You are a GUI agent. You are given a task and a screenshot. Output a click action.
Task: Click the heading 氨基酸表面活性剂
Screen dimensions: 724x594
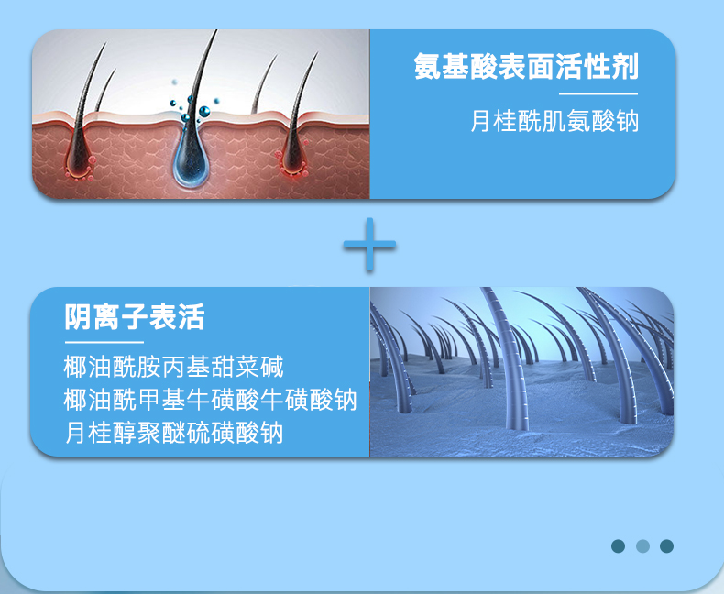tap(526, 67)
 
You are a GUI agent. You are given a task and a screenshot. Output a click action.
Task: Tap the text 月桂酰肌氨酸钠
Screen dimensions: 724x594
tap(554, 121)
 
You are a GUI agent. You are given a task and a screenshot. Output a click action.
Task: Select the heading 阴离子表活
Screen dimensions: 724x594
tap(135, 317)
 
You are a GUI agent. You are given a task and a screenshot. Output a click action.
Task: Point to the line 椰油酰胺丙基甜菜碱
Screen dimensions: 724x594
tap(173, 367)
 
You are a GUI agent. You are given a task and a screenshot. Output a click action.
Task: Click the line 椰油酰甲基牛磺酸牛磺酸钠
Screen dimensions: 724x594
tap(211, 400)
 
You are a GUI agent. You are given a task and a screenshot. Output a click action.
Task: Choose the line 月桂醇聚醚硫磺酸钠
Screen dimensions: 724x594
tap(173, 433)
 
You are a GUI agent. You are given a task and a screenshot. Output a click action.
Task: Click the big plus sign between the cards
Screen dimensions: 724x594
tap(369, 245)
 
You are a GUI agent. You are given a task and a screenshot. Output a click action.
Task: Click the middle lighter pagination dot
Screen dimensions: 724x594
tap(642, 546)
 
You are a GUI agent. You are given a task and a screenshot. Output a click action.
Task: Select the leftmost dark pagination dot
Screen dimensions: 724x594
tap(618, 546)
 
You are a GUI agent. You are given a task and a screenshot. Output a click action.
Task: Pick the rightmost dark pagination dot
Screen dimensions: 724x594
tap(666, 546)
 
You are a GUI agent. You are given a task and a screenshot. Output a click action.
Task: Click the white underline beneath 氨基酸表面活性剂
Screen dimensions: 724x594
tap(598, 93)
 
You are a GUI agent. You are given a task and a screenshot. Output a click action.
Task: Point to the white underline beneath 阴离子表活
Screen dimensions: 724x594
tap(104, 342)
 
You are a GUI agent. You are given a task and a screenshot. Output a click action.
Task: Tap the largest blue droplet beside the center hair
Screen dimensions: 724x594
tap(204, 111)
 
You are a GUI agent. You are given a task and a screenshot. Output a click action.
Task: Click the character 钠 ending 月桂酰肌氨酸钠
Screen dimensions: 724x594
tap(627, 121)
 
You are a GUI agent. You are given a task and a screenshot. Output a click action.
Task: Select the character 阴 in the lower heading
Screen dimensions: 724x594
tap(77, 317)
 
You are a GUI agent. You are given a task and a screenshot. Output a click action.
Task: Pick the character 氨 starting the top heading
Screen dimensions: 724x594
tap(428, 67)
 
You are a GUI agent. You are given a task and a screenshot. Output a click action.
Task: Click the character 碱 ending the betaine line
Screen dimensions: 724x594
tap(272, 367)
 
